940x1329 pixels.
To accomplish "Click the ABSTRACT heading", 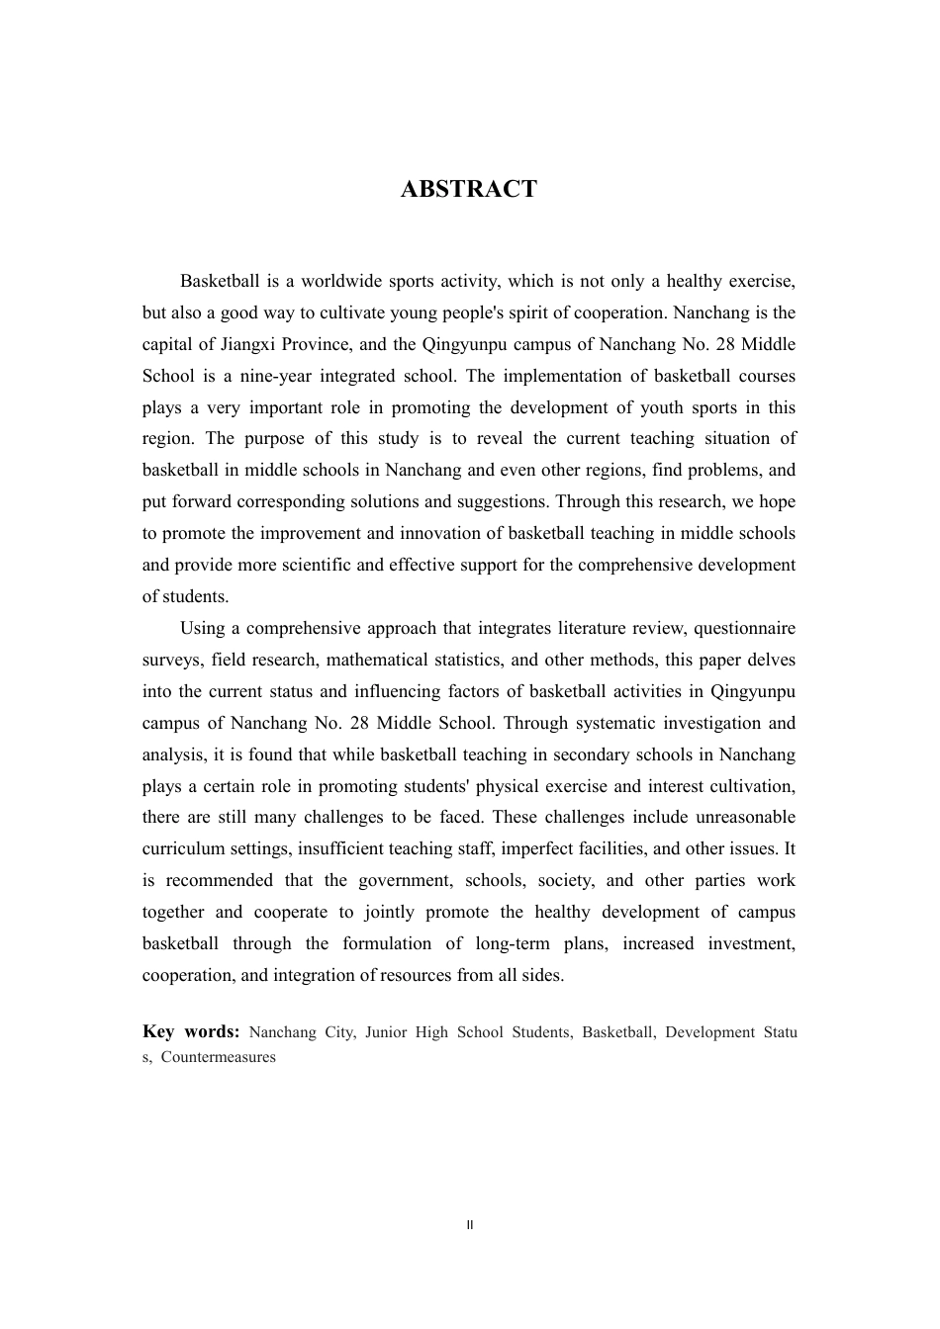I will point(468,190).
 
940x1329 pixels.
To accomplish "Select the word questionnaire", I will point(744,629).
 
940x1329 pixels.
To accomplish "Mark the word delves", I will point(771,661).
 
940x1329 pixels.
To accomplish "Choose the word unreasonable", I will point(745,818).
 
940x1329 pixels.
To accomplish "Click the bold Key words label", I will point(191,1032).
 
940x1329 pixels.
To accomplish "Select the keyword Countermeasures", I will point(219,1057).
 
